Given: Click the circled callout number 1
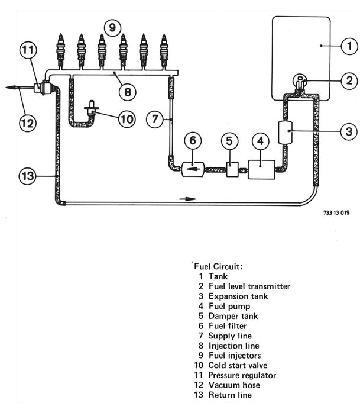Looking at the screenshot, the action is (349, 46).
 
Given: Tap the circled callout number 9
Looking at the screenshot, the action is (112, 27).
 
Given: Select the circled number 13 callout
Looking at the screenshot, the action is (27, 176).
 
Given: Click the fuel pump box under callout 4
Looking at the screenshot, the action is (261, 169).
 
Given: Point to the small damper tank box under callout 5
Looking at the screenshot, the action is (232, 169).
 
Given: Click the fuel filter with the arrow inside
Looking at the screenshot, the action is (193, 169).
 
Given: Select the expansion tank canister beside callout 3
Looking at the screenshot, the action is (286, 133).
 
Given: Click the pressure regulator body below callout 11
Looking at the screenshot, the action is (44, 88).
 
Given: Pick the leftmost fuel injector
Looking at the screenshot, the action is (61, 51).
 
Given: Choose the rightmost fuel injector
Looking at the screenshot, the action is (164, 51).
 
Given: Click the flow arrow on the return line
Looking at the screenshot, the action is (187, 199).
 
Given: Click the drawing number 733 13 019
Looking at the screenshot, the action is (336, 213).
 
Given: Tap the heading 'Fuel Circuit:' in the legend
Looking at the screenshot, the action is (218, 266).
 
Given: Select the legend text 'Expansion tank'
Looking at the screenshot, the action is (238, 296).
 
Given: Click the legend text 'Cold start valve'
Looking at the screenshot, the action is (238, 365).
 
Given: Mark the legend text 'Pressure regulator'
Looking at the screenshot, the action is (242, 375).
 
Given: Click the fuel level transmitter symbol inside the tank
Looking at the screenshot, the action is (300, 82).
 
